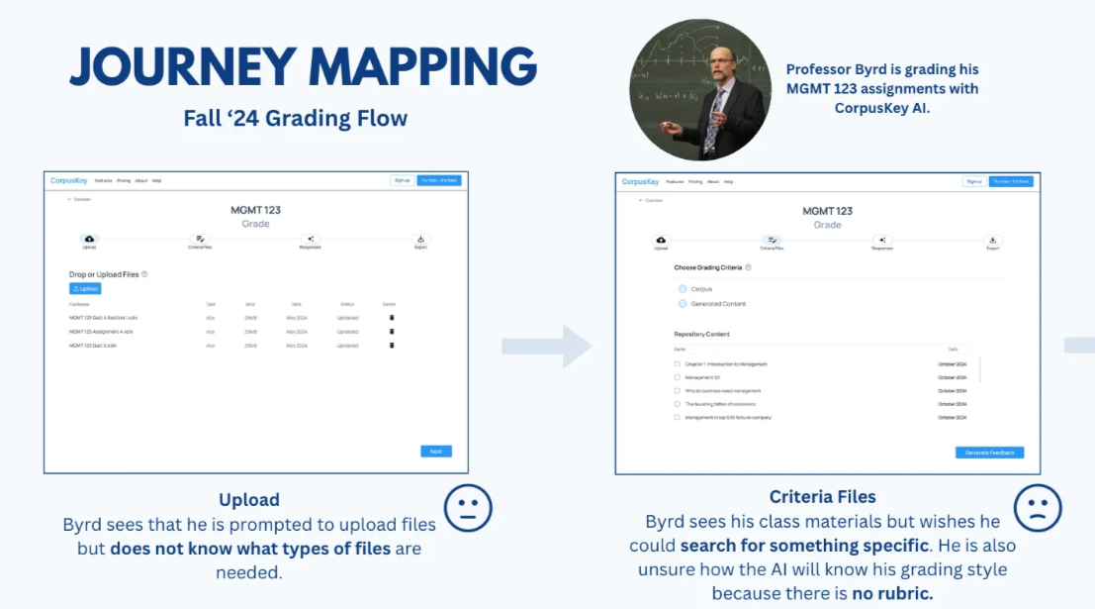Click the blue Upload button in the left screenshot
85,288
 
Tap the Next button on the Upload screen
435,451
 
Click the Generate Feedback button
989,453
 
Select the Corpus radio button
683,288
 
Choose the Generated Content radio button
683,304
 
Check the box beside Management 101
678,377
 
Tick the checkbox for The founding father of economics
678,404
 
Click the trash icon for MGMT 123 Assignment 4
392,332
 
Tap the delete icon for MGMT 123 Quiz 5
392,346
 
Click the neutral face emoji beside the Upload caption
468,509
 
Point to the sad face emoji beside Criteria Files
1038,509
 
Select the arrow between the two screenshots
546,346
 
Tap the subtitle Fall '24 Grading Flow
295,119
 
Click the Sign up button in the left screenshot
402,181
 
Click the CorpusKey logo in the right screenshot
641,182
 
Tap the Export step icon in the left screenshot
420,240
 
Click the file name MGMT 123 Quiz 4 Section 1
103,318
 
